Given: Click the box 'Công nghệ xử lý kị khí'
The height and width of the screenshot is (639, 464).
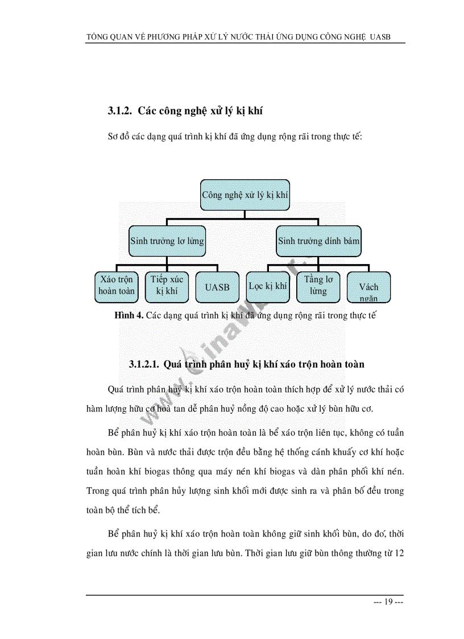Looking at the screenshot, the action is [x=245, y=195].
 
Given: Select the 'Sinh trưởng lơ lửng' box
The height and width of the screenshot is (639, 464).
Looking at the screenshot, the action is [x=167, y=241].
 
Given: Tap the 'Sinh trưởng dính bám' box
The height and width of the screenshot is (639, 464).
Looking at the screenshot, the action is [x=318, y=241].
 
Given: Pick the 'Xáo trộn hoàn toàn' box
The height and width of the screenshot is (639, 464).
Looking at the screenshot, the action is [x=116, y=286].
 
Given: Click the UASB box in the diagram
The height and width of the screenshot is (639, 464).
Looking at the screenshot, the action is [x=217, y=287].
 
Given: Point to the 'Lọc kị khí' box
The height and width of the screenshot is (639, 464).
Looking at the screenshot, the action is [x=268, y=286].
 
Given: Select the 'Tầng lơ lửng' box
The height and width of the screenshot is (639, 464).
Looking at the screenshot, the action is [x=318, y=286].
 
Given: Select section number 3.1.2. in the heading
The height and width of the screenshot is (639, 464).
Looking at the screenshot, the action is [x=120, y=112].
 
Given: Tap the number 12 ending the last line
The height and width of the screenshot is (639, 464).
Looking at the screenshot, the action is [x=399, y=553].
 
